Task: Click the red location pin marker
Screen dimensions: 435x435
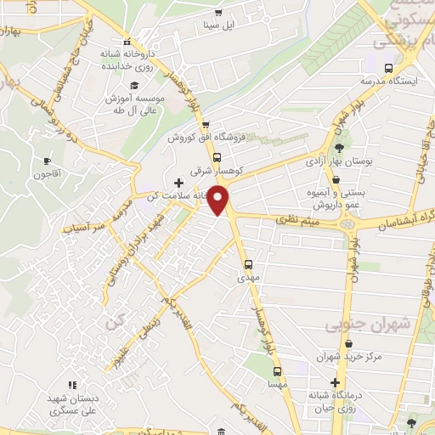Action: [x=219, y=201]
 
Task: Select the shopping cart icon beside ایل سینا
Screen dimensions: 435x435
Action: [x=218, y=12]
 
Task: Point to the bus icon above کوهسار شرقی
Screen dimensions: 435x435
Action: [x=217, y=157]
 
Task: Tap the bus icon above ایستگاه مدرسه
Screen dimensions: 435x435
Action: [x=388, y=68]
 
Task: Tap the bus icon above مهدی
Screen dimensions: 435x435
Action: [x=249, y=263]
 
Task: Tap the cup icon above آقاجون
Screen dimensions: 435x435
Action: [x=48, y=161]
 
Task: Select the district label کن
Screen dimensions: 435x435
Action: [x=114, y=323]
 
